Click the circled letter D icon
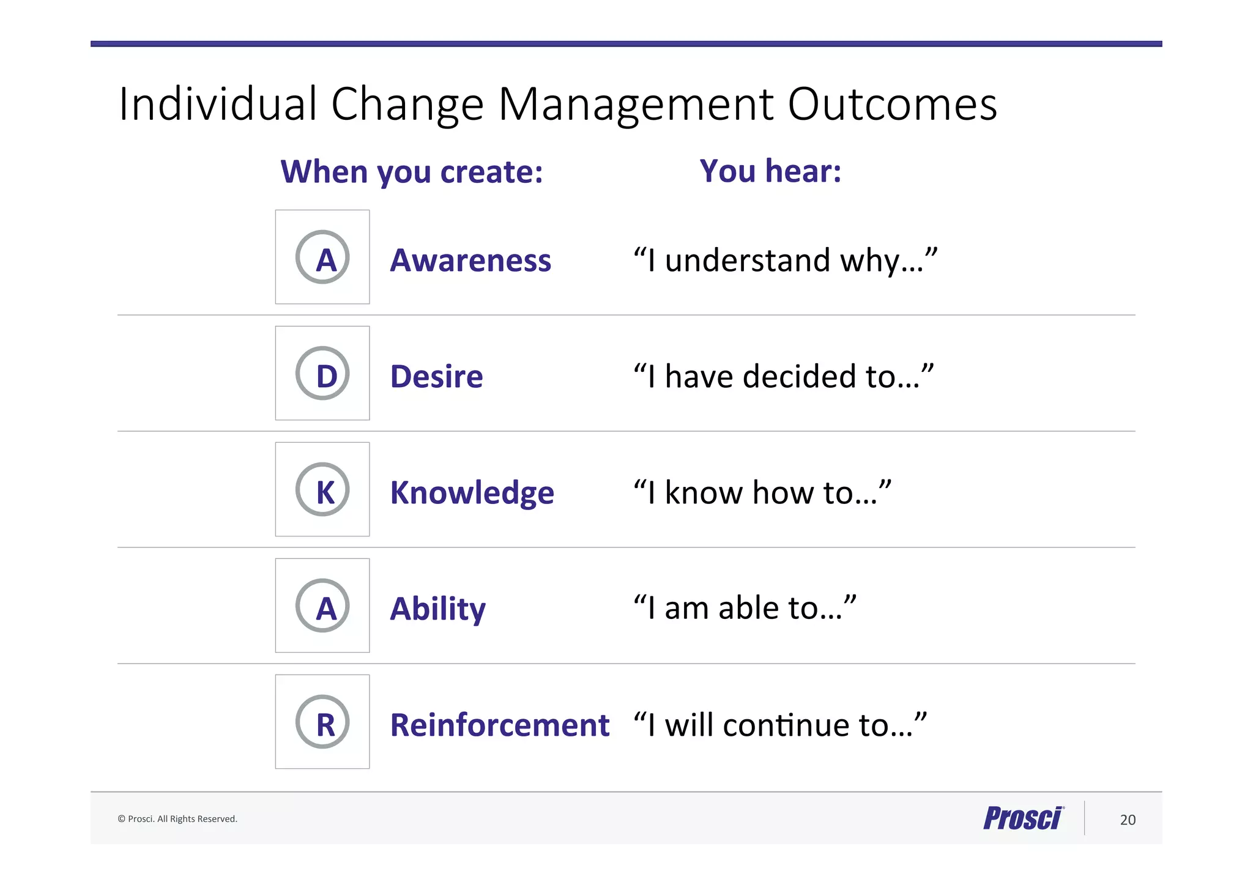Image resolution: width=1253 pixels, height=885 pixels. click(x=322, y=373)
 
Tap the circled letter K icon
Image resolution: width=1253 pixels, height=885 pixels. click(x=322, y=489)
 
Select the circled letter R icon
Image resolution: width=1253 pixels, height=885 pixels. click(x=322, y=722)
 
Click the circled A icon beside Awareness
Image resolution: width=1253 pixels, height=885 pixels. click(x=322, y=257)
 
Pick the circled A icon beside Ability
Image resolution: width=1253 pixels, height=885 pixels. click(x=322, y=605)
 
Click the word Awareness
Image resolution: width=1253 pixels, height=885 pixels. click(x=470, y=260)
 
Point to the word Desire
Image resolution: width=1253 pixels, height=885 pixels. click(x=436, y=376)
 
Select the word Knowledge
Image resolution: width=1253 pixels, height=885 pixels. click(x=472, y=492)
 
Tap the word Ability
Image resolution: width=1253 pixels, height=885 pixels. click(x=437, y=609)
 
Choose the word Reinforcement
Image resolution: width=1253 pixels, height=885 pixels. click(x=499, y=725)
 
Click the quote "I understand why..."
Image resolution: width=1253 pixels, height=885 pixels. click(x=785, y=260)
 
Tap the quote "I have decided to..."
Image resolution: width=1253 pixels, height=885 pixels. click(x=783, y=376)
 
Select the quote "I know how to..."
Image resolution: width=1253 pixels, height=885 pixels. click(x=762, y=492)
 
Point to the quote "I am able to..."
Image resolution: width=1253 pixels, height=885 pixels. click(x=744, y=608)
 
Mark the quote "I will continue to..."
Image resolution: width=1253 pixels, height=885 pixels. click(x=780, y=725)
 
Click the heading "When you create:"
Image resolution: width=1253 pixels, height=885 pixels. click(x=411, y=172)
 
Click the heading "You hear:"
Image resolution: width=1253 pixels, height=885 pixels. click(x=770, y=171)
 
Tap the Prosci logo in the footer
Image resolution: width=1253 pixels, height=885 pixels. click(x=1023, y=818)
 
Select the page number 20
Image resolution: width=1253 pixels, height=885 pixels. click(x=1128, y=820)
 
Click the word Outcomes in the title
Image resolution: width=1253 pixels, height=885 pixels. click(x=892, y=104)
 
